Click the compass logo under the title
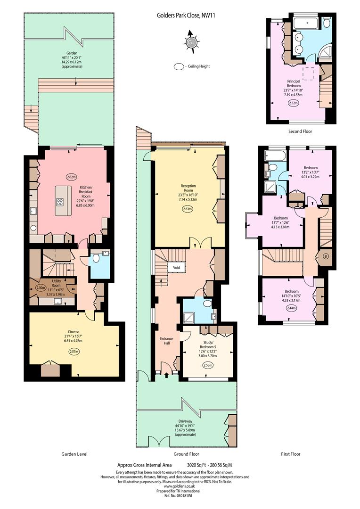[191, 42]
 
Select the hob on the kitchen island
[60, 202]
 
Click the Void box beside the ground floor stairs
[176, 268]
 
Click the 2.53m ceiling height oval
[208, 365]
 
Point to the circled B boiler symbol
[326, 256]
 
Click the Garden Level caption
[74, 454]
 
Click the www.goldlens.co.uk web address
[179, 486]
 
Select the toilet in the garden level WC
[96, 258]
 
